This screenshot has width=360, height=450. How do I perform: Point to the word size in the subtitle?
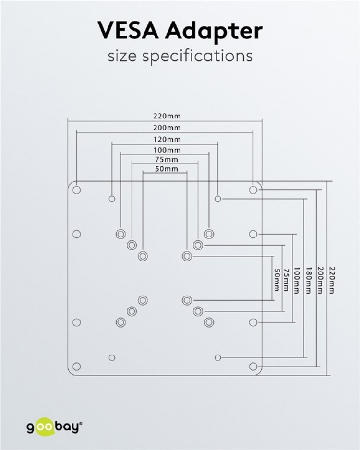coord(123,56)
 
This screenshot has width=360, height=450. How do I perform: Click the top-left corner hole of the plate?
coord(76,190)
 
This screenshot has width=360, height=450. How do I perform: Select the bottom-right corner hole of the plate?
coord(253,367)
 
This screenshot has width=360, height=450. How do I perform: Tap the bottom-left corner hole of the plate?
coord(76,367)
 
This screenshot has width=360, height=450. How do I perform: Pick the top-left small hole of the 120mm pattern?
coord(112,199)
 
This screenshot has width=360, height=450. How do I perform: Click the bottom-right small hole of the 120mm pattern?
coord(218,357)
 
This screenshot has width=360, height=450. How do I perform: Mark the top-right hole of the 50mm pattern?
coord(186,256)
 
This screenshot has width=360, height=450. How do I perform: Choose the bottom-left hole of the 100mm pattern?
coord(120,322)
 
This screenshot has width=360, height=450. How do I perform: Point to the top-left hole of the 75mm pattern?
coord(131,246)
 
